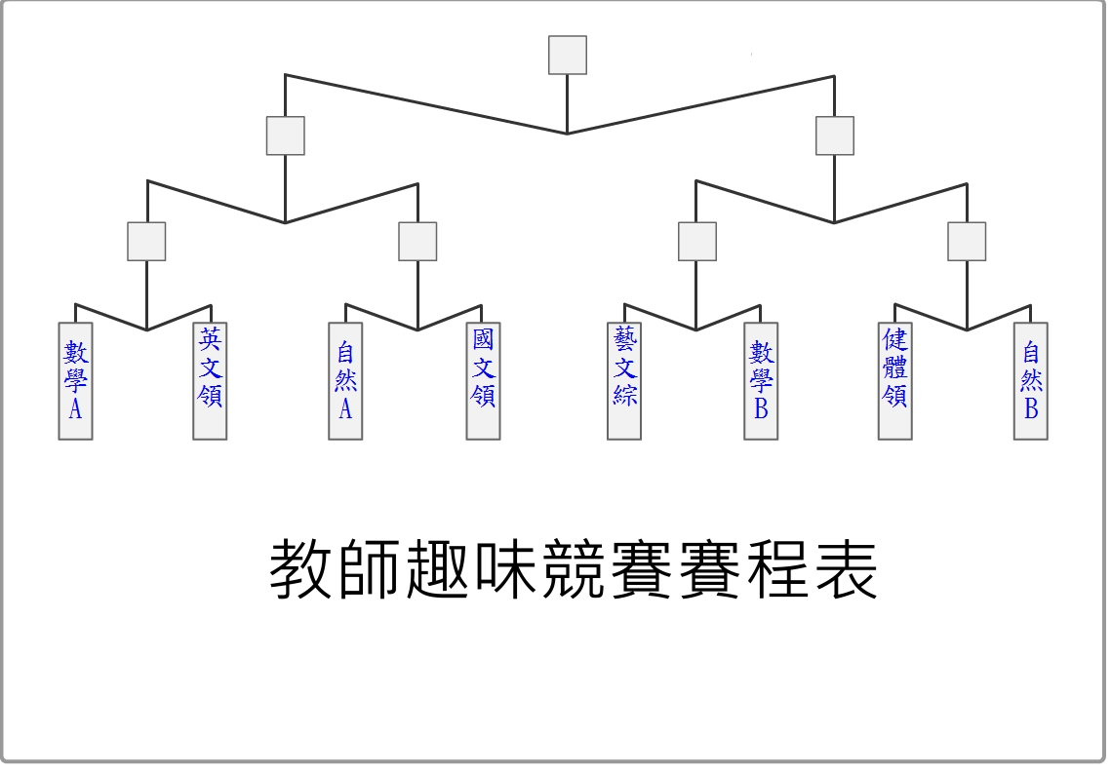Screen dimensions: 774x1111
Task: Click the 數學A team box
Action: click(x=75, y=381)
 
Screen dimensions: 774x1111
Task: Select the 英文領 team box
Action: click(x=210, y=381)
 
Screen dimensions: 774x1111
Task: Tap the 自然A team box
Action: click(x=345, y=381)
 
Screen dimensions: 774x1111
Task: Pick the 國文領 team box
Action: click(x=483, y=381)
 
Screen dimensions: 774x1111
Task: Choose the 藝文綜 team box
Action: click(x=624, y=381)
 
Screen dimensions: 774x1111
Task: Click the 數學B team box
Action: click(x=761, y=381)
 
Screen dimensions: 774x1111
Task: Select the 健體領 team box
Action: click(x=894, y=381)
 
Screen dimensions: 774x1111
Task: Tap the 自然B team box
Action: click(x=1031, y=381)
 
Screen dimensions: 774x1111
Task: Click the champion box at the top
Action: click(x=568, y=56)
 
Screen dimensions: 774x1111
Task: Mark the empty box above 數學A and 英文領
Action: click(x=146, y=241)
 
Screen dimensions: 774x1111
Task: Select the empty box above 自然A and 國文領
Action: click(x=417, y=241)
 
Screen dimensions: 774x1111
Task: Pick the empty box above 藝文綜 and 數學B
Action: click(x=697, y=241)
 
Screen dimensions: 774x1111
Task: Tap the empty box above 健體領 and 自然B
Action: click(x=967, y=241)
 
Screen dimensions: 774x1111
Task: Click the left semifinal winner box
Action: click(x=285, y=135)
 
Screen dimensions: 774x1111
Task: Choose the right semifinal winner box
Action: click(x=834, y=135)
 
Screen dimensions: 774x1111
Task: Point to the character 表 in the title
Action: click(x=846, y=569)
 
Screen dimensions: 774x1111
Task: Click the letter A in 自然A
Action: click(x=345, y=409)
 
